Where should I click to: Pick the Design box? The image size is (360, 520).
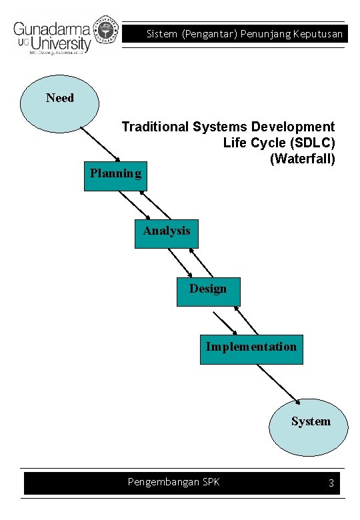(208, 291)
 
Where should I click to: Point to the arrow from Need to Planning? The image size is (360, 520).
(100, 143)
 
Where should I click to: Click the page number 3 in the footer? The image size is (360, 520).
(331, 483)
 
